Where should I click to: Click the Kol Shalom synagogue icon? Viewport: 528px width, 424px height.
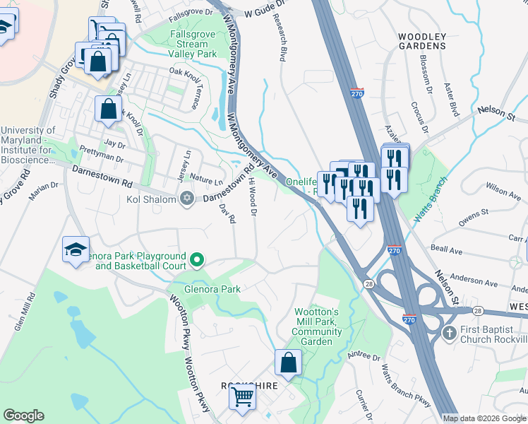click(186, 197)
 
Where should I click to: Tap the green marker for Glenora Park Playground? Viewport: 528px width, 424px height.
click(197, 261)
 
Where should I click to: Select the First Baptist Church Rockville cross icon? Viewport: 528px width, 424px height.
click(448, 332)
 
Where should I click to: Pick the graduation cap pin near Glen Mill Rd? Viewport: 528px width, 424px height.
click(76, 249)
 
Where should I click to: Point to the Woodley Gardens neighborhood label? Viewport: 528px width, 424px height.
click(422, 41)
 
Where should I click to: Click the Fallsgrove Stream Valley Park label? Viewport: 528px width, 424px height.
click(192, 44)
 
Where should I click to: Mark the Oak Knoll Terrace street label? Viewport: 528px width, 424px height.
click(193, 90)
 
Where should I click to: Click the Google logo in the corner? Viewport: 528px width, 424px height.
click(24, 416)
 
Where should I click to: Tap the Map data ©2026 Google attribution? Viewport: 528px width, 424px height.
click(484, 418)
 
